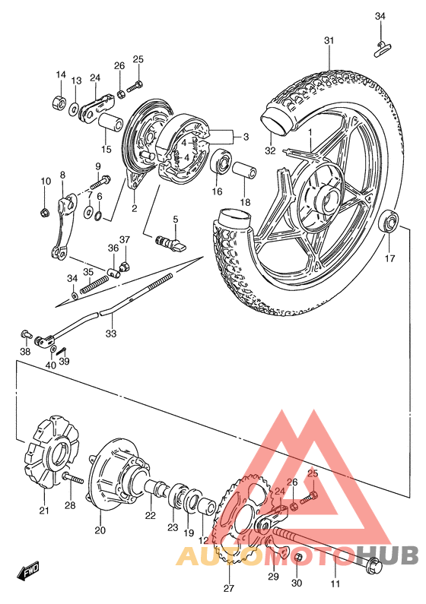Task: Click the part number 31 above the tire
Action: pos(328,41)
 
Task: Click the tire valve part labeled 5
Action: pos(169,242)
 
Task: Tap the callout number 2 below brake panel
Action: pos(134,209)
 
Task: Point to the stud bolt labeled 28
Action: pos(72,479)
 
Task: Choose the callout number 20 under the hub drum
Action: pos(100,531)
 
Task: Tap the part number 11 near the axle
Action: pos(335,584)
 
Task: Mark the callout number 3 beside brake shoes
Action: pos(245,137)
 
